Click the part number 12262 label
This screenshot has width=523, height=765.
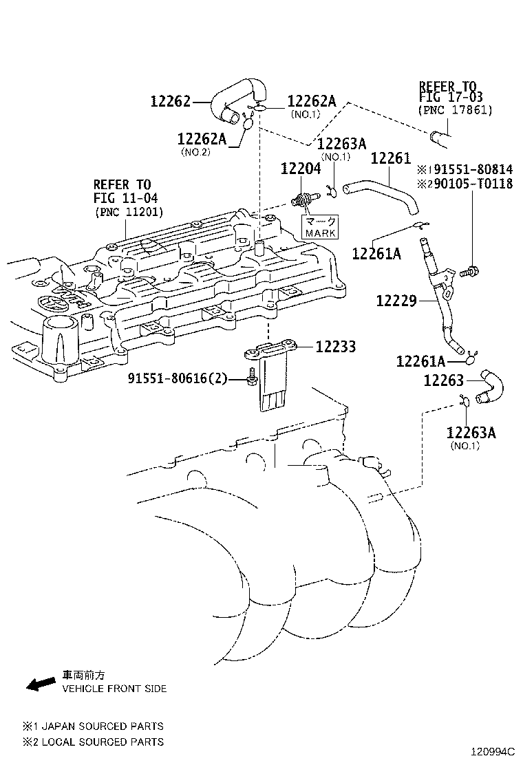170,102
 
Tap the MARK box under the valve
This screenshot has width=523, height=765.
321,227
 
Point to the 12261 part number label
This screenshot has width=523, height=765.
390,159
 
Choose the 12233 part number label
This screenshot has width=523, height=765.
336,347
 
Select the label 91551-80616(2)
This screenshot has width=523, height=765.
177,378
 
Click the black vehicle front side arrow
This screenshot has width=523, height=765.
41,682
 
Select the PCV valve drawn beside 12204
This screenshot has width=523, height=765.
301,200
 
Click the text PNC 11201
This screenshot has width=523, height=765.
129,212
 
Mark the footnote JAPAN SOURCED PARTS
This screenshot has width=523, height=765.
100,726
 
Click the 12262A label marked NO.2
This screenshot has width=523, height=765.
201,139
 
